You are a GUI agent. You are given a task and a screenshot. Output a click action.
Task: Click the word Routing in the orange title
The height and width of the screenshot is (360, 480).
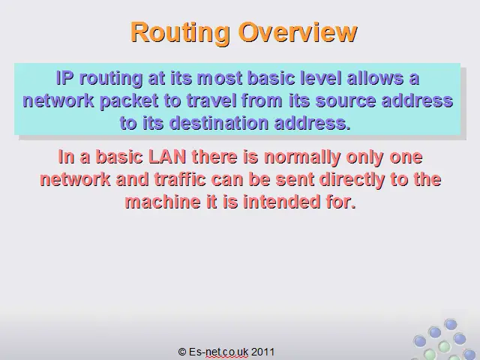click(180, 32)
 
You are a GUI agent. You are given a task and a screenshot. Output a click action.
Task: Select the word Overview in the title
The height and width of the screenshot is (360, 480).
click(298, 31)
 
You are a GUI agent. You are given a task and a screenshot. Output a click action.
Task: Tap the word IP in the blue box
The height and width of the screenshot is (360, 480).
click(65, 78)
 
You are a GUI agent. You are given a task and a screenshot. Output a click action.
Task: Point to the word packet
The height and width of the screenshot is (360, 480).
click(129, 101)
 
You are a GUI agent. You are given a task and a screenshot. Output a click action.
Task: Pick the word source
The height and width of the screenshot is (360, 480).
click(345, 101)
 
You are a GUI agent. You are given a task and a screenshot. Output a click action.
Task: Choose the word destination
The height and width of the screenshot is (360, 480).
click(218, 123)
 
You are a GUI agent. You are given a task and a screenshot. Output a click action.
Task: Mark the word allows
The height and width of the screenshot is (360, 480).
click(374, 78)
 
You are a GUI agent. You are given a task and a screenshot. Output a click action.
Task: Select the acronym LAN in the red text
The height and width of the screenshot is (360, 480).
click(167, 157)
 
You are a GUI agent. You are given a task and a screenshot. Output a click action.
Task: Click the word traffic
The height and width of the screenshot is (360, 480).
click(180, 179)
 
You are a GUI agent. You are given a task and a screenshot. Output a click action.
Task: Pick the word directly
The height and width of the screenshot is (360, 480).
click(352, 180)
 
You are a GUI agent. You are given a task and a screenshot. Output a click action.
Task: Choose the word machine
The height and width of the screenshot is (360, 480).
click(162, 202)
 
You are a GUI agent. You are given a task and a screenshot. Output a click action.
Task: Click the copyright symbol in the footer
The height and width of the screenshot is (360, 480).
click(181, 352)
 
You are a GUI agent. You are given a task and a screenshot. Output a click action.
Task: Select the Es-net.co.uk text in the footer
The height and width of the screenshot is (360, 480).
click(218, 352)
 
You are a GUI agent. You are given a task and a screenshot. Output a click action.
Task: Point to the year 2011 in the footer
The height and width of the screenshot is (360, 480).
click(262, 352)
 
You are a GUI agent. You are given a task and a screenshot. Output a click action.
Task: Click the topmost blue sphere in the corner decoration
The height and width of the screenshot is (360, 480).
click(450, 324)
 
